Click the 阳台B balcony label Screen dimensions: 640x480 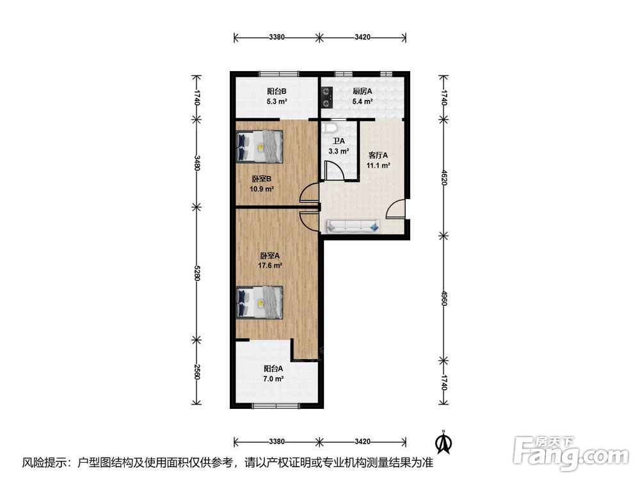click(276, 91)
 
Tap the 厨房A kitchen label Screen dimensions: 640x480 click(362, 91)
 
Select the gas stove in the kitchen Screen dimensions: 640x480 click(327, 97)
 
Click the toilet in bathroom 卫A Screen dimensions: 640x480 click(328, 127)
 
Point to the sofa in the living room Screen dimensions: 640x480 click(353, 226)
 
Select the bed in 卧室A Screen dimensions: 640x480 click(260, 302)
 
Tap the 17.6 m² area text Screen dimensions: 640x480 click(270, 266)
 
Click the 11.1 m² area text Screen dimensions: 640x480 click(378, 165)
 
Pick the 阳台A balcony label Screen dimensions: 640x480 click(273, 369)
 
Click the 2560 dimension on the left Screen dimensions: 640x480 click(196, 372)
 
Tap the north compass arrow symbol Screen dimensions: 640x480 click(444, 442)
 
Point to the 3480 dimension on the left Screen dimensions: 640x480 click(196, 163)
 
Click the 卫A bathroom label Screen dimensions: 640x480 click(339, 141)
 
